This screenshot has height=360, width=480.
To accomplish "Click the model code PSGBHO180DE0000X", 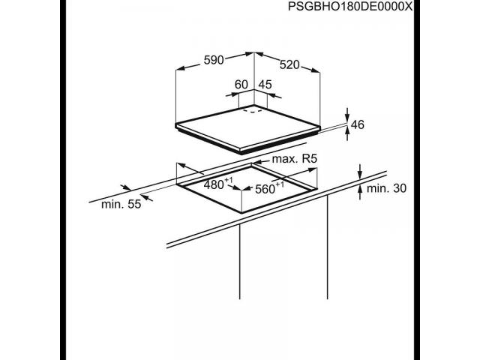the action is [350, 6].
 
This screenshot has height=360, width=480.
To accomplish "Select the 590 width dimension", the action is [214, 60].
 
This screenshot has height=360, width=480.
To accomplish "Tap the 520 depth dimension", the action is [289, 64].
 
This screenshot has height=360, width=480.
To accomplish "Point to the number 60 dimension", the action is [241, 84].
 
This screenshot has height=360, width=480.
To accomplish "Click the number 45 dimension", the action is [265, 84].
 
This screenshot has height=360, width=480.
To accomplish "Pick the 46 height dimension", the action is [358, 124].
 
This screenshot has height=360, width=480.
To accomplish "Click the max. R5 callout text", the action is [295, 159].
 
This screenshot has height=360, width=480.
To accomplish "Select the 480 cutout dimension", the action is [218, 184].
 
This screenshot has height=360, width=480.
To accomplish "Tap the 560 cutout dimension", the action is [269, 188].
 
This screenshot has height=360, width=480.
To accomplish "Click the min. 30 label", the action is [386, 188].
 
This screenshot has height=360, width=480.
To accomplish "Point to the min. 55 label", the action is [121, 204].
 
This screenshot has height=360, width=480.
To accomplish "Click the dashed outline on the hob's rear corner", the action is [253, 110].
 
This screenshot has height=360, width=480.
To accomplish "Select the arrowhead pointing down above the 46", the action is [346, 117].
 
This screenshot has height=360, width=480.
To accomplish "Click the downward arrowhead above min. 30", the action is [360, 174].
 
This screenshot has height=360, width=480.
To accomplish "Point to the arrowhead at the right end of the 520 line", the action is [315, 70].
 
